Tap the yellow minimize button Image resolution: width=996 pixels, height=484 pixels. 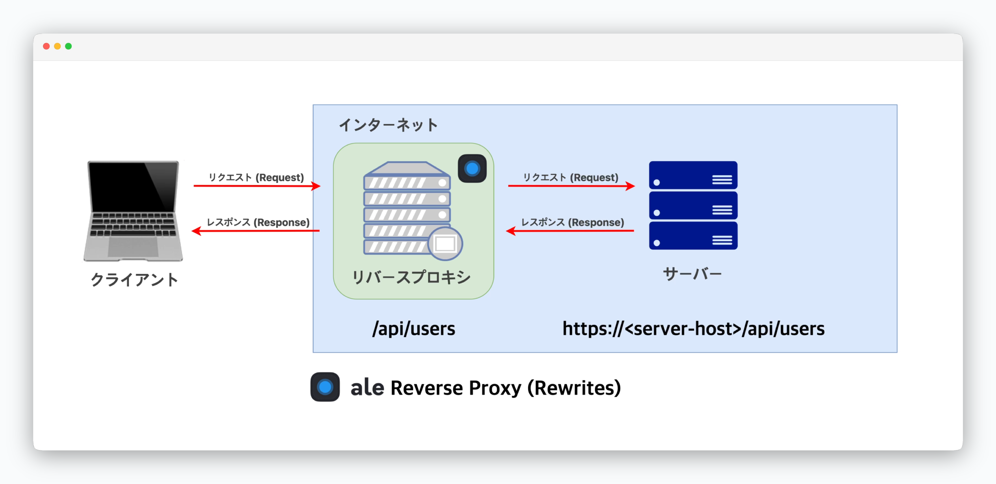57,46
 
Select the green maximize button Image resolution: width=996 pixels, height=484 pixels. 68,46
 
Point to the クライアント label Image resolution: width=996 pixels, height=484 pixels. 134,280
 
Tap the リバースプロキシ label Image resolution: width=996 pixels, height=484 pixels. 411,277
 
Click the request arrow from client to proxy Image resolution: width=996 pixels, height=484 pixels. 257,186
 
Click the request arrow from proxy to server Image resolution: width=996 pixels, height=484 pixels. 571,186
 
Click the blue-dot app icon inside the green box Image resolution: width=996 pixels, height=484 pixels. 472,169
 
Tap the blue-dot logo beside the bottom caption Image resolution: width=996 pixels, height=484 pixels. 325,387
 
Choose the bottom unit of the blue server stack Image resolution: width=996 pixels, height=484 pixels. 693,236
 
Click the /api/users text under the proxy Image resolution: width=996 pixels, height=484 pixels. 414,329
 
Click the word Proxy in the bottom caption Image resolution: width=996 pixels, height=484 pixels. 495,388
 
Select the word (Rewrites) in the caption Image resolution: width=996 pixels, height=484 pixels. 574,388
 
